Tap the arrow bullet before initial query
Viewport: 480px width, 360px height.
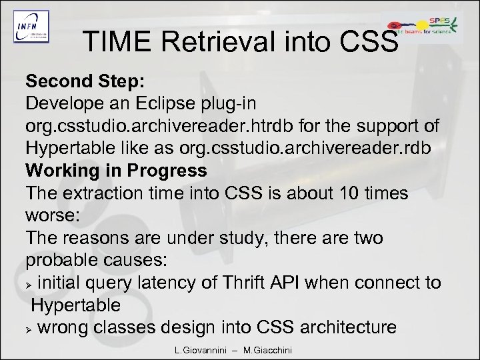[30, 283]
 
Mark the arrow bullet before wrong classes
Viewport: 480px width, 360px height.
[30, 327]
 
